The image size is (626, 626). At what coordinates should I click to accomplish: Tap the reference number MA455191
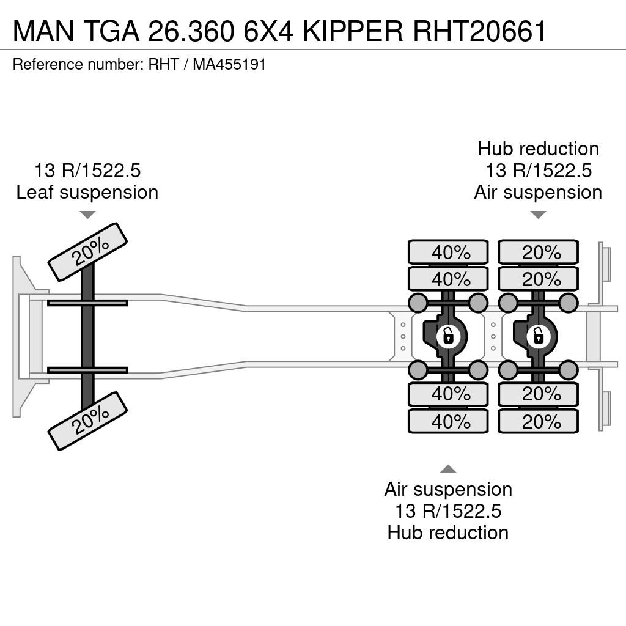click(x=229, y=64)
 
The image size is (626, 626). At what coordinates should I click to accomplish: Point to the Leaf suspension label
click(x=87, y=192)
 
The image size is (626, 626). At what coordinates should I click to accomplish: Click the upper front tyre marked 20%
click(x=87, y=252)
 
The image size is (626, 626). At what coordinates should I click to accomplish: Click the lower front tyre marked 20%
click(x=87, y=421)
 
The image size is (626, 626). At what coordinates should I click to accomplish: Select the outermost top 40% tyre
click(x=448, y=252)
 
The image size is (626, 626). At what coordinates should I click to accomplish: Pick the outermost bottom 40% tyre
click(x=448, y=421)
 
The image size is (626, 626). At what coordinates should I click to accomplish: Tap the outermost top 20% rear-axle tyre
click(x=538, y=252)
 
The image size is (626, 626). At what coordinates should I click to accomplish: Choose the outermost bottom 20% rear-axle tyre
click(x=538, y=421)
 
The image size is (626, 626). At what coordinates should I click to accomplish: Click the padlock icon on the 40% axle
click(x=448, y=337)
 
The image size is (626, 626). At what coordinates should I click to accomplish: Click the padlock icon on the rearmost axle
click(x=539, y=337)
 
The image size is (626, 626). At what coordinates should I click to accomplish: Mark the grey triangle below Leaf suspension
click(x=87, y=215)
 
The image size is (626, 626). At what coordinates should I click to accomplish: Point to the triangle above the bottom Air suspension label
click(x=448, y=469)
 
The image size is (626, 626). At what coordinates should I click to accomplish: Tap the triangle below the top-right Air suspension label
click(x=538, y=215)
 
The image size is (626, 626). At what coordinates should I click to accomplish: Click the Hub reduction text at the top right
click(x=538, y=149)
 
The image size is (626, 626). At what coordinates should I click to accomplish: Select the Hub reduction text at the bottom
click(x=448, y=532)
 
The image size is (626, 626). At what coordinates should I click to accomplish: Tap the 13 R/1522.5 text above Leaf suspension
click(x=87, y=171)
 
